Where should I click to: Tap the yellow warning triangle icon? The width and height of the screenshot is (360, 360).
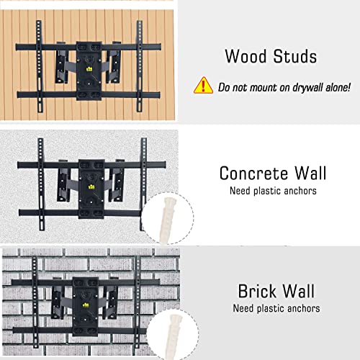[203, 86]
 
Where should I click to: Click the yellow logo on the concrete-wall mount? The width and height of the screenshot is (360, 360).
[92, 186]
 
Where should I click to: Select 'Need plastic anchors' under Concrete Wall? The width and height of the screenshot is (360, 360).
[273, 192]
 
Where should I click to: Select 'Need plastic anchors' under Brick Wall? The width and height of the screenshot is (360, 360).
[276, 309]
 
